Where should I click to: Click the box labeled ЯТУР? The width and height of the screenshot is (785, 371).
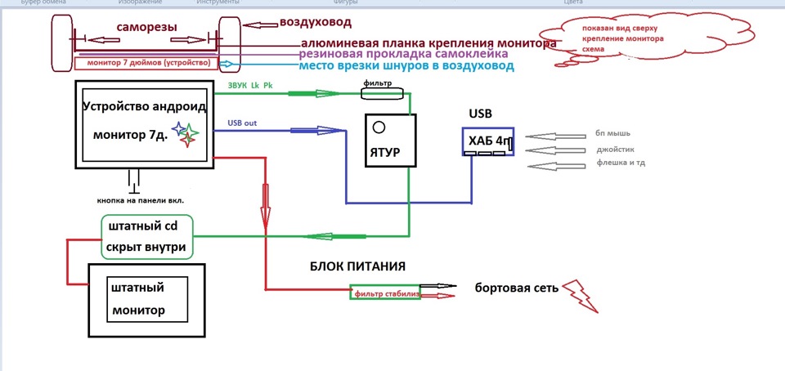pos(390,141)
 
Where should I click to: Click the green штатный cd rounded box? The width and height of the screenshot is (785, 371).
pos(147,236)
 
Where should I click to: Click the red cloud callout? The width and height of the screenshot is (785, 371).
pos(621,41)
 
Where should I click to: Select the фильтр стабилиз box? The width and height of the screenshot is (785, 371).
pos(385,292)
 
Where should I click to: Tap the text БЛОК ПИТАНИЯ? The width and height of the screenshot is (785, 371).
pos(357,266)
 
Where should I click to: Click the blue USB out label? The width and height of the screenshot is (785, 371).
pos(242,123)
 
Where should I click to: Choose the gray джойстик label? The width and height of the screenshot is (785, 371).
pos(616,150)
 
